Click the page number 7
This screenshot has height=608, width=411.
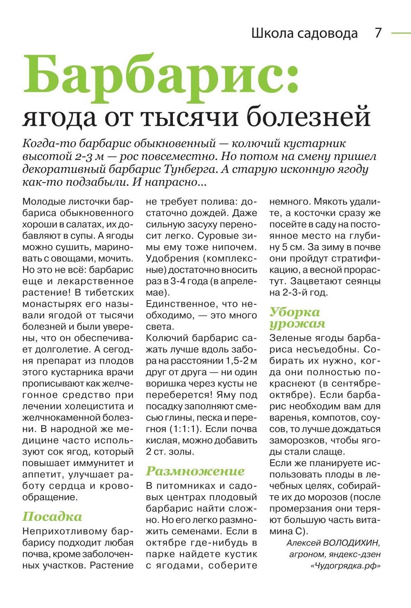pos(378,33)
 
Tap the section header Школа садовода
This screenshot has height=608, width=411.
pos(304,33)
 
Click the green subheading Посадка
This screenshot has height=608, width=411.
pos(52,517)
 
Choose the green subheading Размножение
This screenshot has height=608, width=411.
pos(195,471)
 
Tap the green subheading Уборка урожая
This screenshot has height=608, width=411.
pos(297,318)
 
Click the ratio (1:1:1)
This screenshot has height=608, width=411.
pos(184,429)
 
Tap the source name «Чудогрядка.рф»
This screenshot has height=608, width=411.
pos(346,566)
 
